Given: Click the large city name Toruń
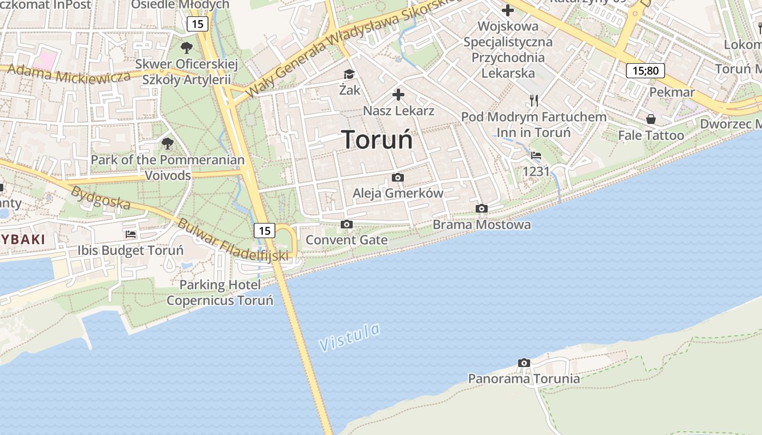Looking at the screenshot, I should (377, 140).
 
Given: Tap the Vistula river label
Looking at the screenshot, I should (349, 337).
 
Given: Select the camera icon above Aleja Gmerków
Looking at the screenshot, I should (398, 178).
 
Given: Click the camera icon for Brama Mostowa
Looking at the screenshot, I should (481, 209).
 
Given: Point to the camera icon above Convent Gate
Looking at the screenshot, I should (346, 225).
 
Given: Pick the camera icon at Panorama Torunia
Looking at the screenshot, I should (524, 363).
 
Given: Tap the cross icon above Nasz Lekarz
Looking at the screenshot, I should (398, 95).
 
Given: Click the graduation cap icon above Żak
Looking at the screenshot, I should (348, 74).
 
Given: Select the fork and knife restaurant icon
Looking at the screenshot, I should (534, 100).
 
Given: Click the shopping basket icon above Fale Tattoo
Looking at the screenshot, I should (650, 119).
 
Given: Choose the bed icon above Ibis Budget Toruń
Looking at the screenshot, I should (131, 234).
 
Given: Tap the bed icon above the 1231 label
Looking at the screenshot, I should (536, 156).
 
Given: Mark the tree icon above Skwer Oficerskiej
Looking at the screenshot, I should (187, 48).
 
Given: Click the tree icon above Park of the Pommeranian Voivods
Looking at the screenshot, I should (168, 144).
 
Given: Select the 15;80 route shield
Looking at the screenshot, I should (645, 70).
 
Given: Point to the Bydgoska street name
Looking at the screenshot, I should (101, 198).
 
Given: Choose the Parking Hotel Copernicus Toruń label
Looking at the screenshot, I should (220, 293).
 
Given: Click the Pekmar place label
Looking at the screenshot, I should (672, 92).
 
